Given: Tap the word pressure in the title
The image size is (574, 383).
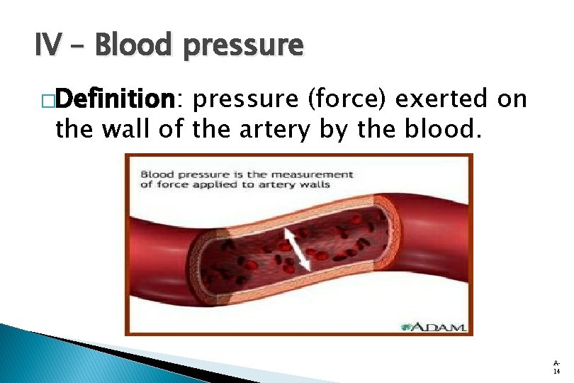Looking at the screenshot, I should pyautogui.click(x=244, y=48).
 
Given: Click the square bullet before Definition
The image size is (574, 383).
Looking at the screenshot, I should pyautogui.click(x=47, y=102).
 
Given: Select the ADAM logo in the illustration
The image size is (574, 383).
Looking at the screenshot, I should pyautogui.click(x=432, y=327).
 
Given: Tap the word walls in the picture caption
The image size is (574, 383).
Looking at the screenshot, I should pyautogui.click(x=316, y=184).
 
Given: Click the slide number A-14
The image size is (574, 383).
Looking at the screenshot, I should pyautogui.click(x=556, y=366).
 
